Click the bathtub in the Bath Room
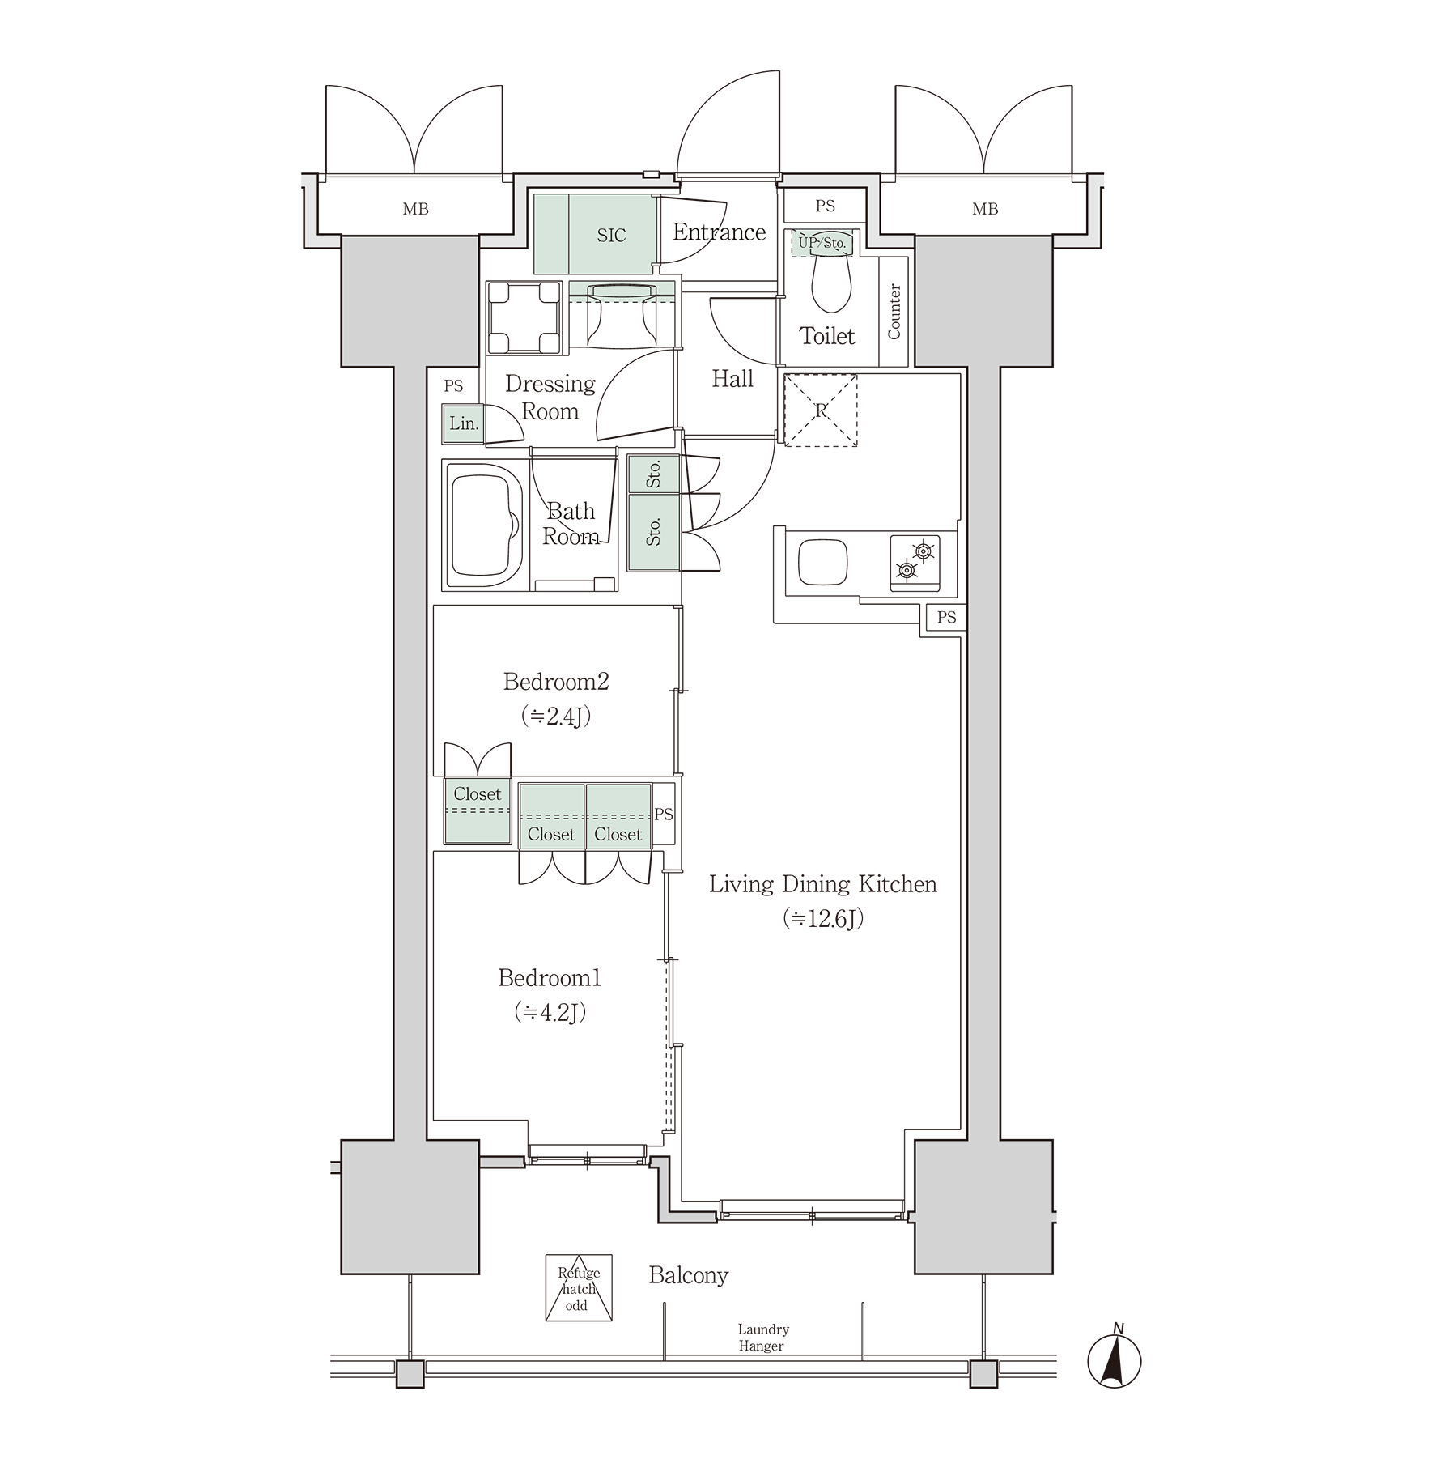pos(484,525)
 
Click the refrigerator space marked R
pos(821,410)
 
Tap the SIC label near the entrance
pos(611,236)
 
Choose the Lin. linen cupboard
pos(464,423)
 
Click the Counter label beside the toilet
pos(894,312)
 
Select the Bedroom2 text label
pos(555,682)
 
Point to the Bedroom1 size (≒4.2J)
pos(550,1013)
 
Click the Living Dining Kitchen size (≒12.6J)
pos(823,918)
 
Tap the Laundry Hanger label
pos(762,1338)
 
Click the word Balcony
pos(689,1275)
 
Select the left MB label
pos(415,209)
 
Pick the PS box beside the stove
pos(946,617)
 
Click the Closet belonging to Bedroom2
pos(478,810)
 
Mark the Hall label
pos(732,378)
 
